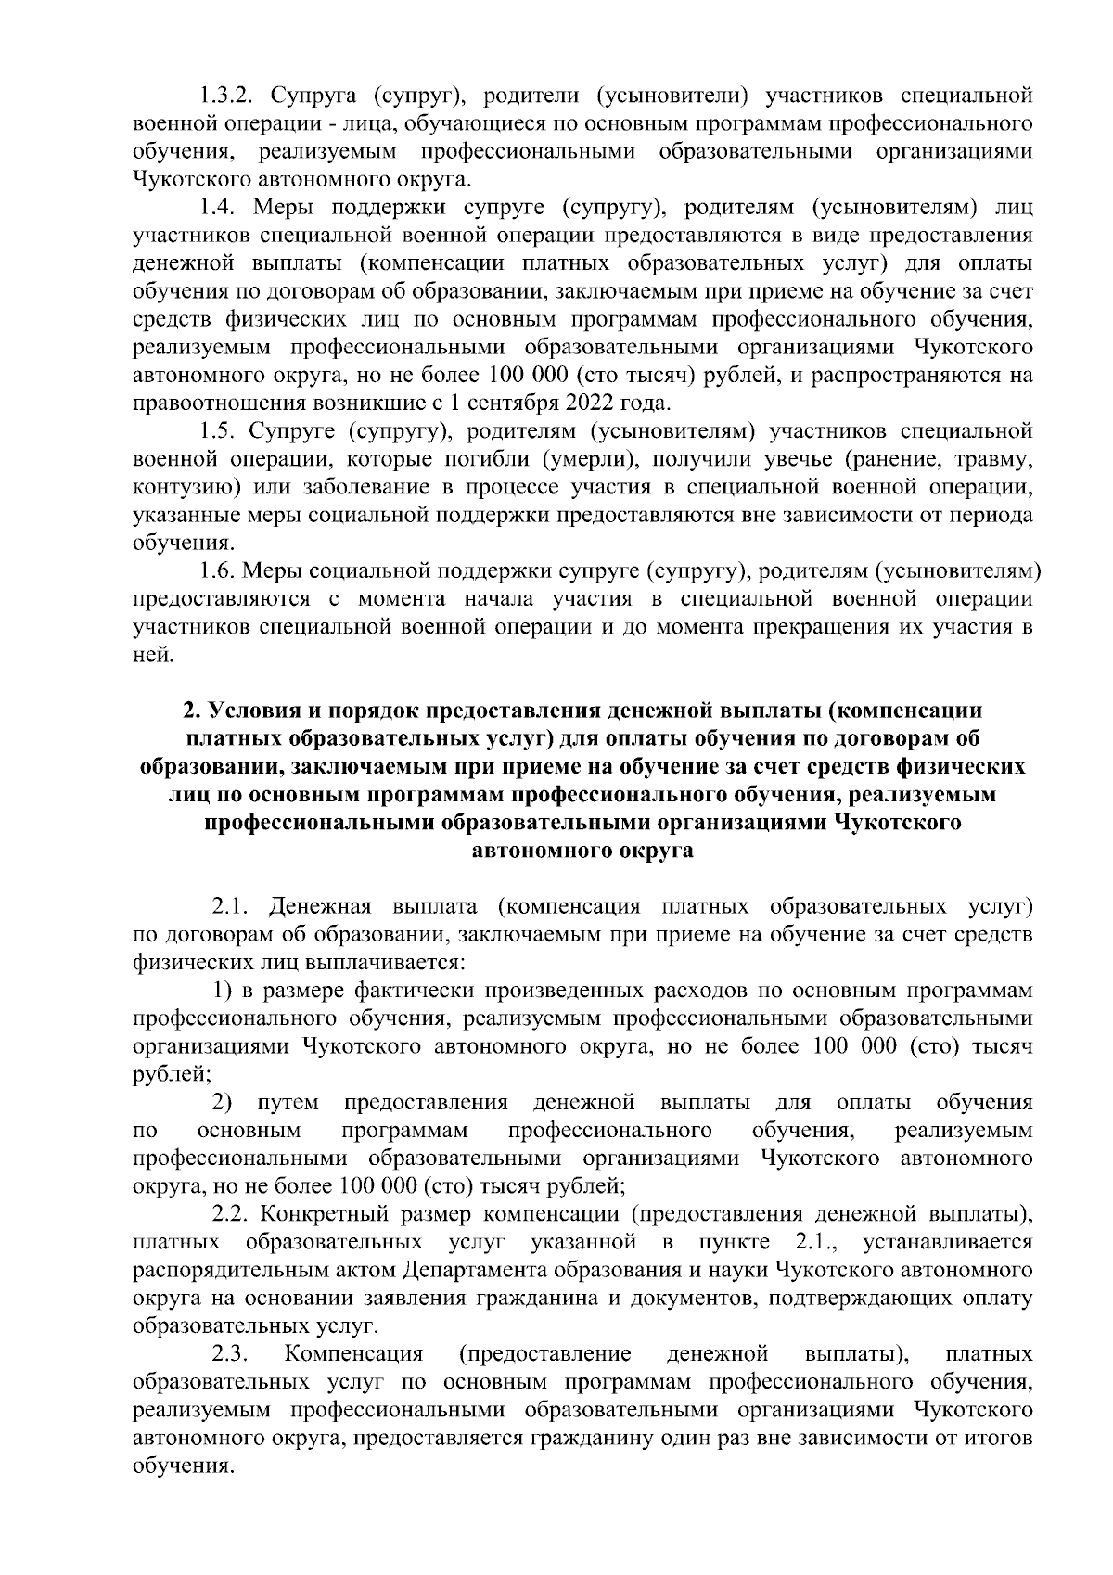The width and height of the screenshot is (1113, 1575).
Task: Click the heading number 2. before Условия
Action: click(191, 711)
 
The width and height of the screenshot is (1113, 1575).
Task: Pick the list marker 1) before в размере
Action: click(223, 991)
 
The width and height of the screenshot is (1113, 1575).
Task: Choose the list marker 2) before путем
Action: click(223, 1102)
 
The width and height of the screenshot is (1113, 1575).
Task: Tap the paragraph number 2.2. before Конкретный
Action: click(234, 1214)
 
